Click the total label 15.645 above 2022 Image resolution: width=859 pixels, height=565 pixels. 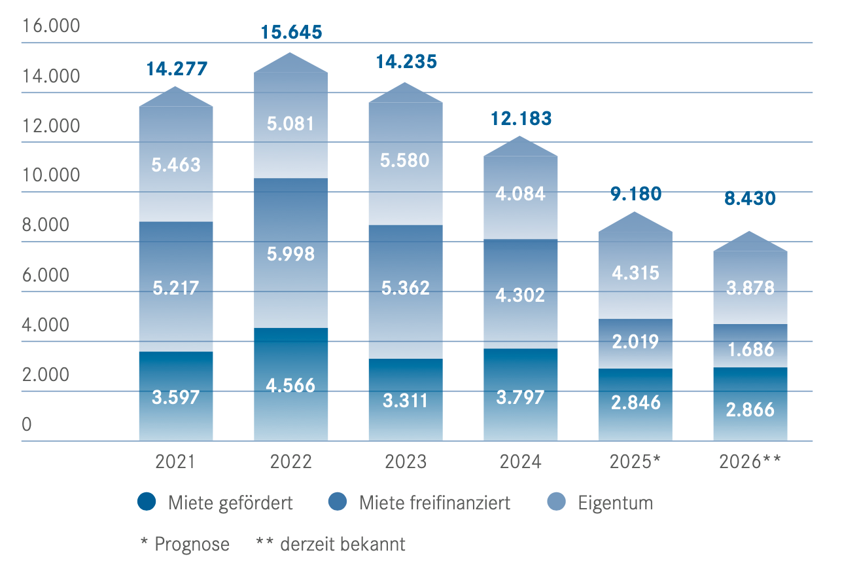[x=291, y=32]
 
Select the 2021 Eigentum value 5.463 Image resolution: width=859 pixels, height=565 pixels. [x=176, y=164]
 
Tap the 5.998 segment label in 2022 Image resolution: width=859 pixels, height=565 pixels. [x=291, y=254]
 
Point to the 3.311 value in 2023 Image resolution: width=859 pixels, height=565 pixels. [x=406, y=399]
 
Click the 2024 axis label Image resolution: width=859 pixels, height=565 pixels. [x=521, y=462]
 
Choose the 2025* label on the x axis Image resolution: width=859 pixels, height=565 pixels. [x=635, y=462]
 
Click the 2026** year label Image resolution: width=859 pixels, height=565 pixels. [x=750, y=462]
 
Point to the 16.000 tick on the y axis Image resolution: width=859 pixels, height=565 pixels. [x=50, y=26]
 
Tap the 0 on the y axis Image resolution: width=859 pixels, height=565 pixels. [x=27, y=425]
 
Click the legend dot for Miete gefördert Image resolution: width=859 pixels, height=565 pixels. [x=147, y=502]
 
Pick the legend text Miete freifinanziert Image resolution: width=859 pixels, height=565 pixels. [x=434, y=503]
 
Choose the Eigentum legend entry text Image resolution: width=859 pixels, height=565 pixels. [x=615, y=503]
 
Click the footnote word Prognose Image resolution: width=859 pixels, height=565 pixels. [x=192, y=544]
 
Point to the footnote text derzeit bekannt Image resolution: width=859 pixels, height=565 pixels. [x=340, y=544]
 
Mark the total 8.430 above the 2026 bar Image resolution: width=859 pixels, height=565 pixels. [x=750, y=198]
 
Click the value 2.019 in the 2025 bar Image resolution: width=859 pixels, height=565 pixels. [x=635, y=342]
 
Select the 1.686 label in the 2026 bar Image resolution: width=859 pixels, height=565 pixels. [x=750, y=349]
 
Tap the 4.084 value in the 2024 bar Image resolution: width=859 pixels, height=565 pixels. [x=521, y=194]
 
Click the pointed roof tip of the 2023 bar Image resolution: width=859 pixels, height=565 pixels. [x=406, y=84]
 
